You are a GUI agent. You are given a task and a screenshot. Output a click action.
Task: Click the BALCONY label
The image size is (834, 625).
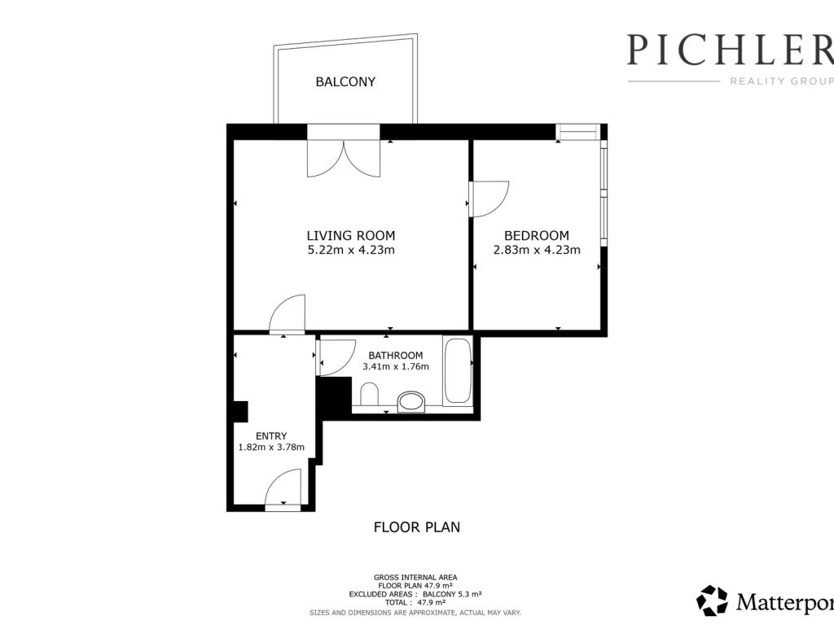point(345,82)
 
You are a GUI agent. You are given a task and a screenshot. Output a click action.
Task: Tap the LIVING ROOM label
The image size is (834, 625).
point(351,235)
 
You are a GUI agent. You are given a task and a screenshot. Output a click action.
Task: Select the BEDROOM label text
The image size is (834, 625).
point(537,235)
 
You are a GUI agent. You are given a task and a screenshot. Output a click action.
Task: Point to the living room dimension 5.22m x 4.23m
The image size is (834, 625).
point(351,250)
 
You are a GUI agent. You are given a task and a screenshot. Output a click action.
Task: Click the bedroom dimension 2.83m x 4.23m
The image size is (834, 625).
point(537,250)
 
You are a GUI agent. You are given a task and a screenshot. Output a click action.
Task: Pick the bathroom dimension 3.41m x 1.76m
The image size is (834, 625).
point(396,367)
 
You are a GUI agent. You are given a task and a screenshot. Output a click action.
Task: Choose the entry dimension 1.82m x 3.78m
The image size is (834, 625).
point(271,448)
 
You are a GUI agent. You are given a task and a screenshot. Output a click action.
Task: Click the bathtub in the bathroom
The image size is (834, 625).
point(458,370)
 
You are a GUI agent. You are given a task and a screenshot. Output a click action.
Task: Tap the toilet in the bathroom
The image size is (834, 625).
point(369,395)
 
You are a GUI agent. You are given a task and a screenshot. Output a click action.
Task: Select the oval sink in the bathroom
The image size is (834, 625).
point(412,401)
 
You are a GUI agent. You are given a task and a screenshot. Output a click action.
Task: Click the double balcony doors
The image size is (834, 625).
point(344,159)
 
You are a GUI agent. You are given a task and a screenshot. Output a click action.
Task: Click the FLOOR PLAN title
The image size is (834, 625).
point(417,527)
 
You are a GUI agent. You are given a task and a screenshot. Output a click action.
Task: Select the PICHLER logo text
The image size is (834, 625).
point(730,50)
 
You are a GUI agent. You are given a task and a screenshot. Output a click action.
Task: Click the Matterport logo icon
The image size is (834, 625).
point(712,601)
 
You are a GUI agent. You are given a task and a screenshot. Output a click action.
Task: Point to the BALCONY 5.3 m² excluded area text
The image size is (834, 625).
point(452,594)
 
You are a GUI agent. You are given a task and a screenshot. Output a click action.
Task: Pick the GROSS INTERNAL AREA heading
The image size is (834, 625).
point(415,578)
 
